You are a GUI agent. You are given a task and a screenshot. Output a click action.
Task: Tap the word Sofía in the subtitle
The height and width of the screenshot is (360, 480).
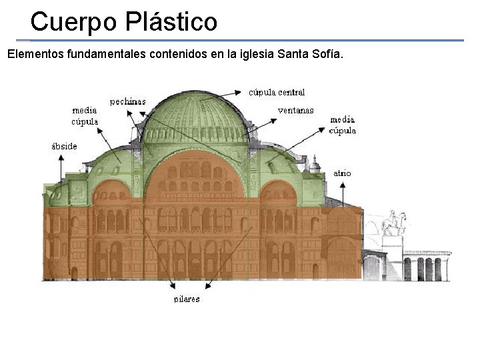[326, 54]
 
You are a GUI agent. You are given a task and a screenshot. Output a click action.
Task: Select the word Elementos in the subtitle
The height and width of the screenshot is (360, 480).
[35, 54]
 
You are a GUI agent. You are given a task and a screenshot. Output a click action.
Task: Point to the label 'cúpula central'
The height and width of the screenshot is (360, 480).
[277, 92]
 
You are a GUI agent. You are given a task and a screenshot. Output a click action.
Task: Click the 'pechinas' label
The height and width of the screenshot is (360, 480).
[127, 101]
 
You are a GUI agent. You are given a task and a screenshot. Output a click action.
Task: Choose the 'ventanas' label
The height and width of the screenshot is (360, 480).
[295, 110]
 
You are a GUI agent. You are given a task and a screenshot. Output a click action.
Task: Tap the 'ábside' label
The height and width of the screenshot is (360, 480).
[64, 146]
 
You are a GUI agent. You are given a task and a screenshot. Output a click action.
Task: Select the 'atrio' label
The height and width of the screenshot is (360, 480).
[342, 173]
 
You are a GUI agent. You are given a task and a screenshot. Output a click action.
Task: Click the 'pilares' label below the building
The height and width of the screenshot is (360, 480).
[187, 299]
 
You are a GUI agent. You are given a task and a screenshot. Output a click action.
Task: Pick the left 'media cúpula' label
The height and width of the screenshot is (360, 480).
[85, 115]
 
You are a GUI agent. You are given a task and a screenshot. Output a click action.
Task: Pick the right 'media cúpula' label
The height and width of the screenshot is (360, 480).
[343, 125]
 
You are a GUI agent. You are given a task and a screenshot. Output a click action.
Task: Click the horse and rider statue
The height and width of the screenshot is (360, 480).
[393, 221]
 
